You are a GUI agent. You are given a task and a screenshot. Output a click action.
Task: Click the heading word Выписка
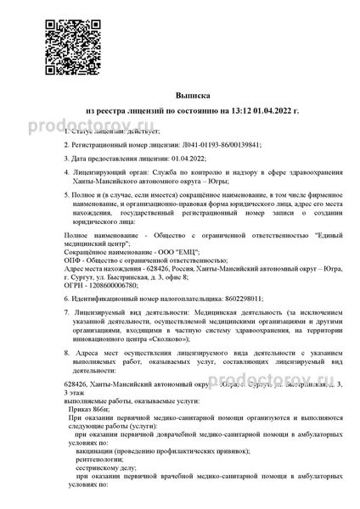pyautogui.click(x=179, y=98)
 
